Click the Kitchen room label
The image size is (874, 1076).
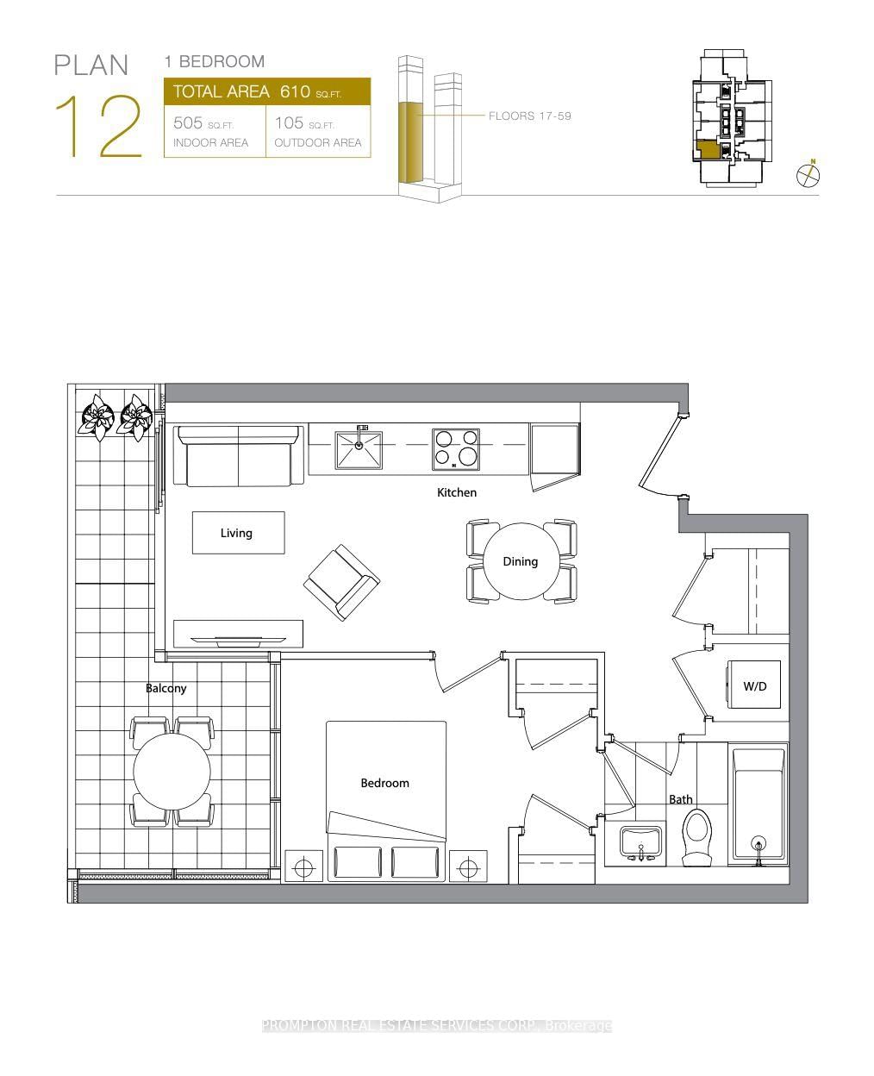coord(456,492)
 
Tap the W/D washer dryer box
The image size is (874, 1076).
coord(754,685)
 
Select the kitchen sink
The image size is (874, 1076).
coord(359,448)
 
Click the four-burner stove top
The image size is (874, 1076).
coord(456,448)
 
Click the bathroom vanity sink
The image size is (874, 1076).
coord(640,842)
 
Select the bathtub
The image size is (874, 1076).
coord(759,804)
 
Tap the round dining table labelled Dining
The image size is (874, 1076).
coord(521,561)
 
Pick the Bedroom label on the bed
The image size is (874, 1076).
coord(384,783)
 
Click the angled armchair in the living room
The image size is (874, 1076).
coord(341,581)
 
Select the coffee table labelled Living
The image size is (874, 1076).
coord(237,533)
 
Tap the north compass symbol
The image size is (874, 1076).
coord(808,175)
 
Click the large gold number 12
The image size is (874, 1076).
coord(98,128)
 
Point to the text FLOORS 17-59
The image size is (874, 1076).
coord(529,116)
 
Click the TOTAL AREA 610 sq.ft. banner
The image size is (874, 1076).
coord(267,91)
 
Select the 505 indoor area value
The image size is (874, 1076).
coord(189,123)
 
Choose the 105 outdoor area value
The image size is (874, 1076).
coord(289,123)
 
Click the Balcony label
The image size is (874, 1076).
coord(165,688)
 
